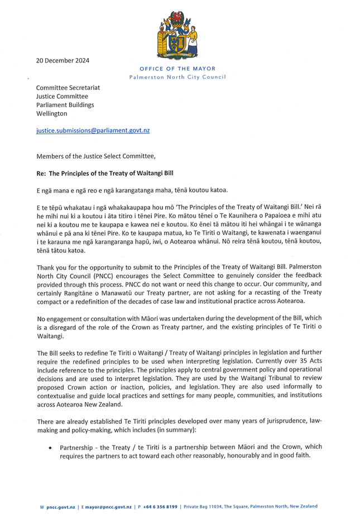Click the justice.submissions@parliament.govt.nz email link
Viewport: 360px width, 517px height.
(93, 130)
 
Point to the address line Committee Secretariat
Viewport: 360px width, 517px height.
(68, 88)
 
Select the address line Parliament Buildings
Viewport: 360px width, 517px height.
(65, 104)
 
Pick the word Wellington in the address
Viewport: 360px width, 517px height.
(51, 113)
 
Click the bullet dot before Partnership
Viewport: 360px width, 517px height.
(51, 448)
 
